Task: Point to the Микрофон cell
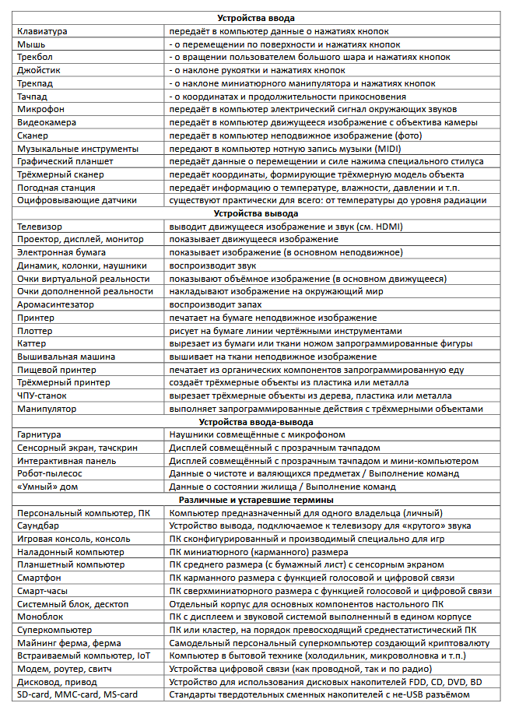coord(40,109)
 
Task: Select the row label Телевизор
coord(40,227)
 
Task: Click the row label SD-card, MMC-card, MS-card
coord(77,694)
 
